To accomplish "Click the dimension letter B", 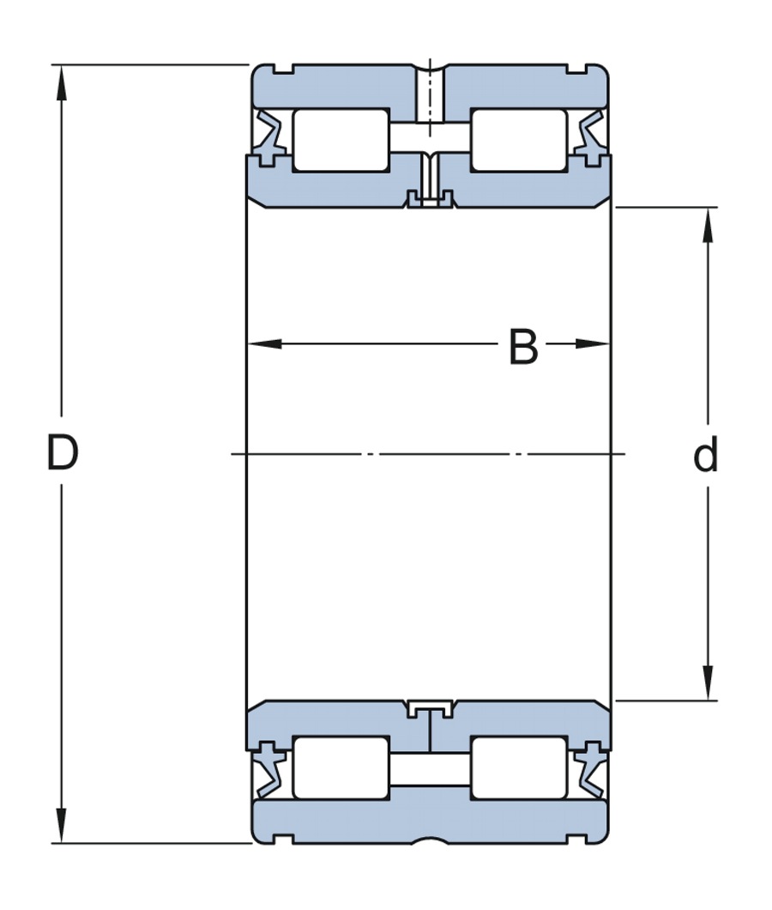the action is (x=523, y=347).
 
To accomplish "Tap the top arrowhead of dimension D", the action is (x=62, y=82).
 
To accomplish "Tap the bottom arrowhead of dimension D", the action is (x=62, y=825).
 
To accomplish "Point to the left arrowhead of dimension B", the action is (x=264, y=344).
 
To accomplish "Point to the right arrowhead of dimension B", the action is (x=592, y=344).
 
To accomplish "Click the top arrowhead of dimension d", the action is (x=708, y=225).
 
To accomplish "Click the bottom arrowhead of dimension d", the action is (x=708, y=682).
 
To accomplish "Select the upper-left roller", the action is (x=341, y=140).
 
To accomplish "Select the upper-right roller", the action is (x=519, y=140).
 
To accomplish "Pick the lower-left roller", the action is (x=341, y=767).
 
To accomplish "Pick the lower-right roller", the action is (x=519, y=767).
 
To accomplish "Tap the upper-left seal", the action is (x=269, y=137).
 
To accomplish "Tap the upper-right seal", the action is (x=590, y=137).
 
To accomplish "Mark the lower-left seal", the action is (x=269, y=770).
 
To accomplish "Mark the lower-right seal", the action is (x=590, y=770).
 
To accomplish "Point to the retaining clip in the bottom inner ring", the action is (x=430, y=709).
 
